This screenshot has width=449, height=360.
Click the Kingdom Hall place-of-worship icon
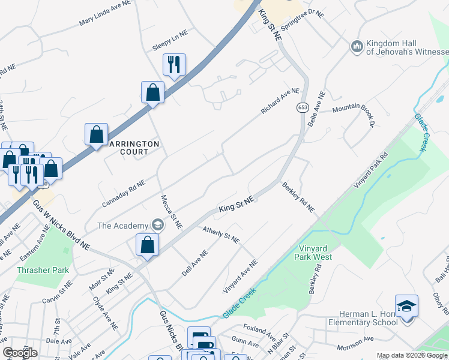pos(357,46)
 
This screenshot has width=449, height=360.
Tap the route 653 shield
pos(301,107)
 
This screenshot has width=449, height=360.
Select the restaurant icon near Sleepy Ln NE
pos(174,64)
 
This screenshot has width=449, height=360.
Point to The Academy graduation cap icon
pos(157,226)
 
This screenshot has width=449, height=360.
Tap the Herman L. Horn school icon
pos(406,307)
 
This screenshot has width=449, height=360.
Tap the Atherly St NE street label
pos(221,235)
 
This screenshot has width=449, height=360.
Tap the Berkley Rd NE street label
pos(298,197)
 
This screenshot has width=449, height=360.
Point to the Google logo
pos(20,353)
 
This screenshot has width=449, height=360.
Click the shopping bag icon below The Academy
pos(147,245)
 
